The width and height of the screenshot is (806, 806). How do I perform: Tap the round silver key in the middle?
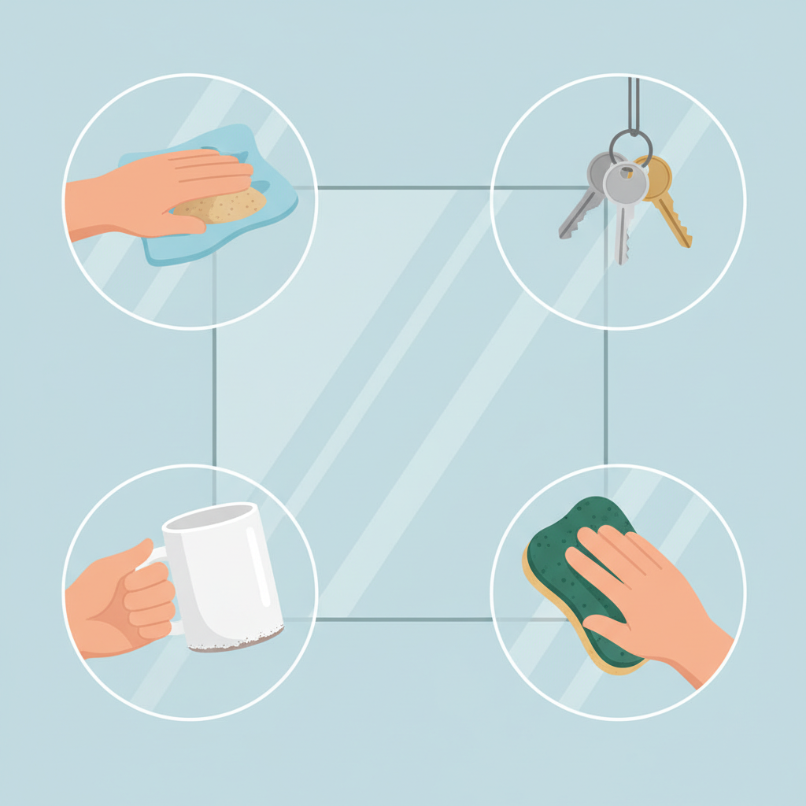coord(626,185)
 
